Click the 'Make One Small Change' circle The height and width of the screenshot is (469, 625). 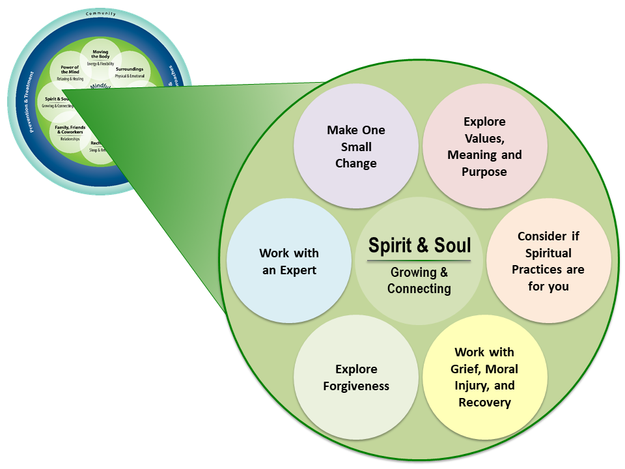point(356,147)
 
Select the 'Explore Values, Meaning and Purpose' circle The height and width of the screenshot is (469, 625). point(484,147)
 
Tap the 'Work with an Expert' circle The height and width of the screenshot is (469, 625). point(289,261)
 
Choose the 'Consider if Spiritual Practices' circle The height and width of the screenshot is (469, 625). point(548,261)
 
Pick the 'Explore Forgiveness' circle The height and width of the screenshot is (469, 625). point(356,378)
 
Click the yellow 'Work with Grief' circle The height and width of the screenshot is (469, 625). point(484,378)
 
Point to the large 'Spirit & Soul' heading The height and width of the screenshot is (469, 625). point(419,245)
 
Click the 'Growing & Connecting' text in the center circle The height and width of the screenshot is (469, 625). point(419,281)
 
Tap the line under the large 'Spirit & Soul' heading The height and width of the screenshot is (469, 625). point(419,261)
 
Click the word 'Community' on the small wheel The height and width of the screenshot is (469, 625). point(100,13)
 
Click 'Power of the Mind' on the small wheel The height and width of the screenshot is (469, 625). point(70,70)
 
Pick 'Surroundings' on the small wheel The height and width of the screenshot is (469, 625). point(130,68)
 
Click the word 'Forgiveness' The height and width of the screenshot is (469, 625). point(356,386)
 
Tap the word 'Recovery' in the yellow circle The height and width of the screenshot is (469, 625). point(484,403)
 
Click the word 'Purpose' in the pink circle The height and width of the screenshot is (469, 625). point(484,172)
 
